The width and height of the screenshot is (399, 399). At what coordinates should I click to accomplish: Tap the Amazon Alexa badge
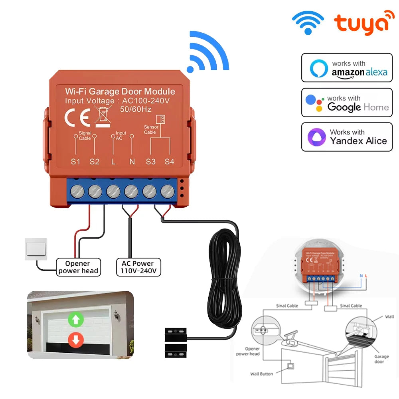347,68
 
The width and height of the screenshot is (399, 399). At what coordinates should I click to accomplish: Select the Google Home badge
347,103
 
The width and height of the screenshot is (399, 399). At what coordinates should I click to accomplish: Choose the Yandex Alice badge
347,137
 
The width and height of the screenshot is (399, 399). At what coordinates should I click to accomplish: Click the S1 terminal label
76,162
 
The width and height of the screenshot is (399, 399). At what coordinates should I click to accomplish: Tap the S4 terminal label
170,162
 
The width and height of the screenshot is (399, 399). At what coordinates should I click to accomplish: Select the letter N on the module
132,162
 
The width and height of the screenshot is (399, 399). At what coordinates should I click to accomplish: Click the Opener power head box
78,267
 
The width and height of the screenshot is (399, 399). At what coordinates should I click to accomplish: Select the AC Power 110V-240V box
138,267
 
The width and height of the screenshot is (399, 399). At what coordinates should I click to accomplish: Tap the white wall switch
36,249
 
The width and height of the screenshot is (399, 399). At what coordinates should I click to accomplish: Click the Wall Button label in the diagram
262,374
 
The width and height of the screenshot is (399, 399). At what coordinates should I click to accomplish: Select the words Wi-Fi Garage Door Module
120,91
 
